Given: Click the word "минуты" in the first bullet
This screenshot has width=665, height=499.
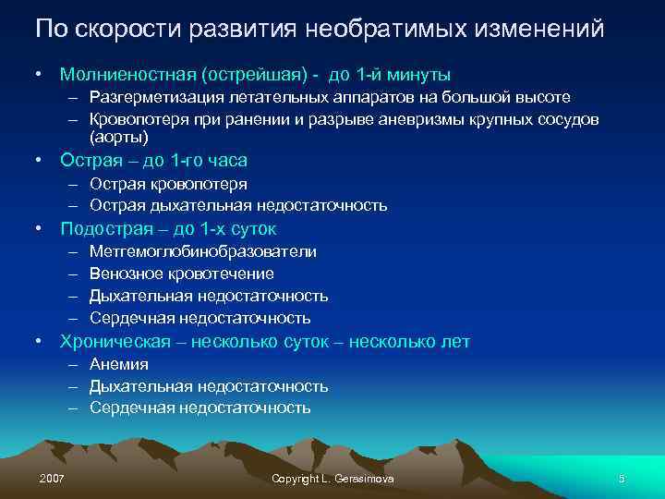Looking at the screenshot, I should pyautogui.click(x=422, y=73).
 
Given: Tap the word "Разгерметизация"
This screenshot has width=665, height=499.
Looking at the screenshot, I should pyautogui.click(x=151, y=97).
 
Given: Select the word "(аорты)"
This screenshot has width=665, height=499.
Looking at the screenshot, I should pyautogui.click(x=119, y=137).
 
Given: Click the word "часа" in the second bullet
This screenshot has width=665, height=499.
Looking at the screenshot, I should pyautogui.click(x=226, y=160).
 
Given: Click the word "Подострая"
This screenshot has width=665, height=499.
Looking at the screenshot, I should pyautogui.click(x=103, y=228).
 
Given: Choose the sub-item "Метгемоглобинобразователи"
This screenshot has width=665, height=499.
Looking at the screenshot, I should pyautogui.click(x=203, y=251).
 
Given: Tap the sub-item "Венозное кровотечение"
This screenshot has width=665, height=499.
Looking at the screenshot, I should pyautogui.click(x=182, y=274).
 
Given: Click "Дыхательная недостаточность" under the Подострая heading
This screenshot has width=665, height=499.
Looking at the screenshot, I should pyautogui.click(x=209, y=296).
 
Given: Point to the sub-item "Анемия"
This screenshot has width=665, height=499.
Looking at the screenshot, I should pyautogui.click(x=119, y=364).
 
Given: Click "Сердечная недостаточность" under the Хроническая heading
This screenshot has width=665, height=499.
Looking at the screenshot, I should pyautogui.click(x=199, y=408).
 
